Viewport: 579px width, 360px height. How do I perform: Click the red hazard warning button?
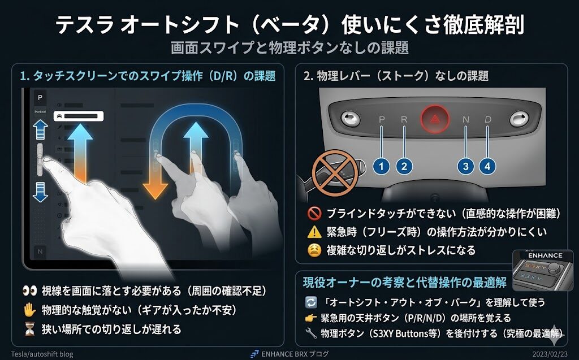click(x=435, y=119)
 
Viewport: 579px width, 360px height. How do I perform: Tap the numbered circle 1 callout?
click(x=382, y=166)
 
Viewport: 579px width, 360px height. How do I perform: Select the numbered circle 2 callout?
click(x=404, y=166)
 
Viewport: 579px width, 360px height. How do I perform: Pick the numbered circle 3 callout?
click(x=466, y=166)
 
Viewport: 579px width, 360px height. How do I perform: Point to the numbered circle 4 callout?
click(x=487, y=166)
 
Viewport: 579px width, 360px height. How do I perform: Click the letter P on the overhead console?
click(x=382, y=119)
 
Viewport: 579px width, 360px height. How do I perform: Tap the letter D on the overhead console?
click(x=488, y=119)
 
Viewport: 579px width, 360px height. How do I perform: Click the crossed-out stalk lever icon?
click(x=335, y=172)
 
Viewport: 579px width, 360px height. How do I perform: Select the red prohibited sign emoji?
click(x=314, y=213)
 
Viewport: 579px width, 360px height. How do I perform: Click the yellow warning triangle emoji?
click(x=314, y=232)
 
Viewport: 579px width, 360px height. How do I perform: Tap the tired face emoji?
click(x=314, y=250)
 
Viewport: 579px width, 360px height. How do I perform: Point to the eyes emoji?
click(x=29, y=291)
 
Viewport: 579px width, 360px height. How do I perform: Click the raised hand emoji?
click(x=29, y=310)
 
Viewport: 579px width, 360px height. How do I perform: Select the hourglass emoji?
click(x=29, y=329)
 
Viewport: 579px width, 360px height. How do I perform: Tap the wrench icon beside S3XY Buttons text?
click(x=311, y=333)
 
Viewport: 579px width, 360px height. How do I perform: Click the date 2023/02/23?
click(x=550, y=354)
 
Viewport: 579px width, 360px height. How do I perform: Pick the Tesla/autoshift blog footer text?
click(x=42, y=354)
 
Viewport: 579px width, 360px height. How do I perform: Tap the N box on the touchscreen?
click(x=40, y=252)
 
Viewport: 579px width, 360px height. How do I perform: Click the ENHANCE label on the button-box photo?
click(x=545, y=255)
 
